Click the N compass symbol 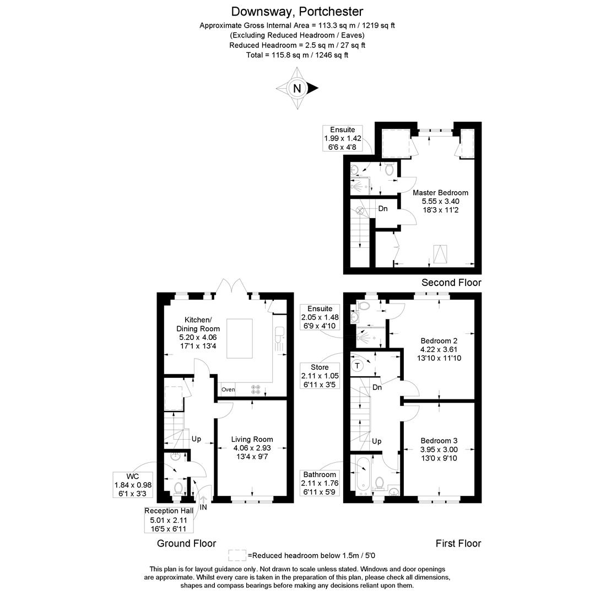click(x=297, y=88)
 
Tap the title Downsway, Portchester click(x=297, y=11)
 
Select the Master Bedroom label click(x=440, y=201)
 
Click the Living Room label click(x=252, y=448)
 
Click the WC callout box click(x=133, y=485)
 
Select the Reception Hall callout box click(x=169, y=520)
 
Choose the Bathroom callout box click(x=320, y=483)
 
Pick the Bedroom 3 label click(x=439, y=449)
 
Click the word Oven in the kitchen click(x=228, y=390)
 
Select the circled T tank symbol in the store click(x=358, y=365)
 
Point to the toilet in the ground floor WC click(x=178, y=488)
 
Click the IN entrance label click(x=203, y=507)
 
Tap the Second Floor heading click(x=451, y=283)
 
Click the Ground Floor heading click(x=186, y=543)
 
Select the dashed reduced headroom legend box click(x=237, y=555)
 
